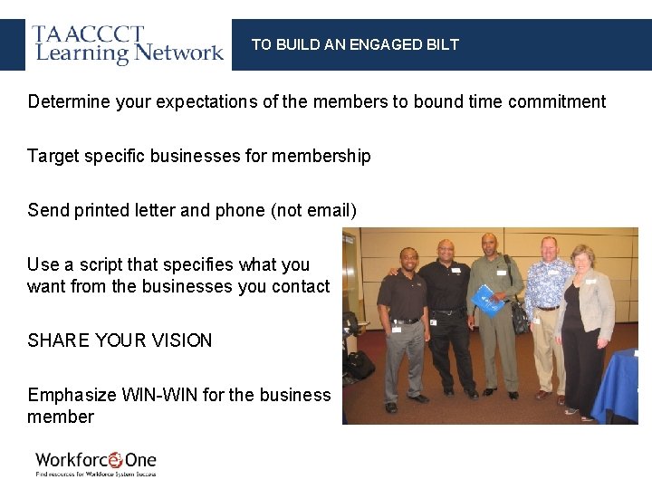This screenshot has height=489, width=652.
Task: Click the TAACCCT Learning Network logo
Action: coord(128,44)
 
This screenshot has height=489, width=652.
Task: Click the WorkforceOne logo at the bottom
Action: coord(96,463)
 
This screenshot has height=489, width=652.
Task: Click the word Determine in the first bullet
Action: coord(67,101)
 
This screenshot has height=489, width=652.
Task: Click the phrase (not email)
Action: coord(313,210)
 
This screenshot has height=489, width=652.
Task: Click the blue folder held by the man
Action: coord(489,301)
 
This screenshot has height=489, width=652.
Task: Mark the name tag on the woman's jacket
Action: coord(590,280)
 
